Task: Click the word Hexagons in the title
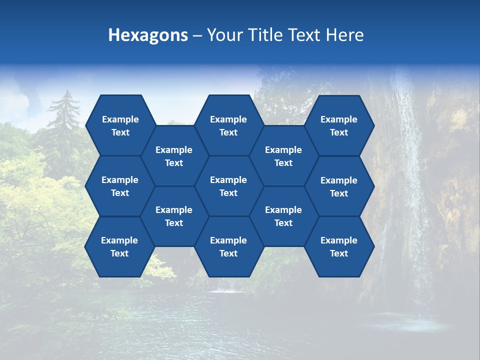[x=148, y=35]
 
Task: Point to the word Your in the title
[x=224, y=35]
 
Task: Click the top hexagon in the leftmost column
[x=120, y=125]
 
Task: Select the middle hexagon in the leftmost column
[x=120, y=186]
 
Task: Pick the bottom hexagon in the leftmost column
[x=119, y=246]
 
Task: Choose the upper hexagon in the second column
[x=174, y=156]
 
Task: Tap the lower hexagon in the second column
[x=174, y=216]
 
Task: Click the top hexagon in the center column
[x=228, y=125]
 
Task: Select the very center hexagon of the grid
[x=228, y=186]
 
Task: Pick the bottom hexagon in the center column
[x=228, y=246]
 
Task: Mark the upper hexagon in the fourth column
[x=283, y=156]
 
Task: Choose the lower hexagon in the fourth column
[x=283, y=216]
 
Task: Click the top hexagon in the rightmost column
[x=339, y=125]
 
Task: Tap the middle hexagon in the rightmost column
[x=339, y=186]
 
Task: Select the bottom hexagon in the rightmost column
[x=339, y=246]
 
